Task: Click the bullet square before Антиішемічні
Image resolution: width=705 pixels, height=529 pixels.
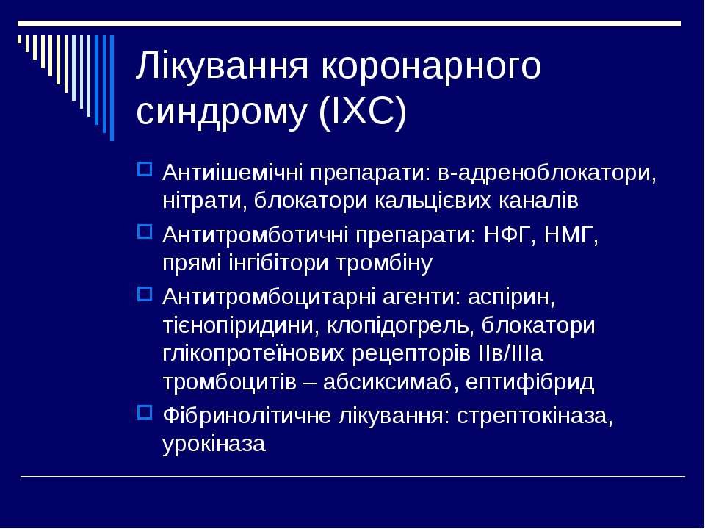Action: pos(145,169)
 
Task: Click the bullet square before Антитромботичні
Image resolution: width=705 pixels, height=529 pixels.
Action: pos(145,231)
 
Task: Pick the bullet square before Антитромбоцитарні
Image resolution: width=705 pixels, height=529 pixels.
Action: pos(145,294)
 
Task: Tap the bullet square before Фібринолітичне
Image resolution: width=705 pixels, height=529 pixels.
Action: pos(145,412)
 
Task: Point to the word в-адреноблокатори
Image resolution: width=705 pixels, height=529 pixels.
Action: pos(546,173)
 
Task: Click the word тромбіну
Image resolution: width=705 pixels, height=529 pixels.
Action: pos(384,264)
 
